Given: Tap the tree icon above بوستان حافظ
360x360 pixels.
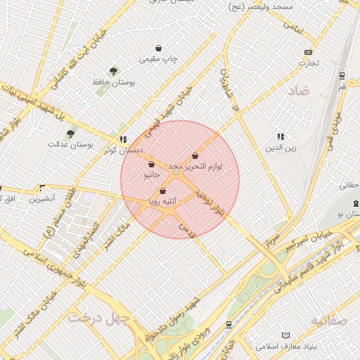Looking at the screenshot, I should click(113, 70).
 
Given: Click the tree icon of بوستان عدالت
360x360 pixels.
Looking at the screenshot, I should click(70, 133).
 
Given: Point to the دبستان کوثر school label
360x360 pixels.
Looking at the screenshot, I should click(123, 150).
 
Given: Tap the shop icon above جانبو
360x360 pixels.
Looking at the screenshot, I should click(152, 164).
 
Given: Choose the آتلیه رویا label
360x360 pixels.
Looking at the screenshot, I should click(163, 202).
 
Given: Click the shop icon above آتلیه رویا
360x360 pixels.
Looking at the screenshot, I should click(163, 191).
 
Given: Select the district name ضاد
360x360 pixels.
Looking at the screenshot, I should click(297, 91).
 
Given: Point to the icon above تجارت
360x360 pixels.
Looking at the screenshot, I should click(307, 53).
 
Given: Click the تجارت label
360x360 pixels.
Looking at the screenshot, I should click(307, 63).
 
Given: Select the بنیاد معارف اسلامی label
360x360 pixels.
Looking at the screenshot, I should click(285, 347).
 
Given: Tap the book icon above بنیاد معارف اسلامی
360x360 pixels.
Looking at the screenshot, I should click(285, 335).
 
